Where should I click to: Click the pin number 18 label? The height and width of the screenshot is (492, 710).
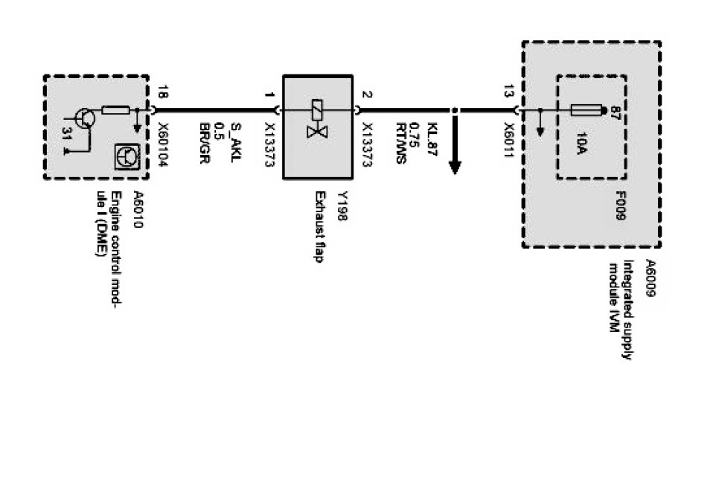162,92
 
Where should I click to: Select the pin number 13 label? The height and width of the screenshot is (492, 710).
508,92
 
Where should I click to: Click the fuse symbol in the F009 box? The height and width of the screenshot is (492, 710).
586,111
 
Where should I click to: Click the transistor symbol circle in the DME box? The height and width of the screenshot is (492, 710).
84,118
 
